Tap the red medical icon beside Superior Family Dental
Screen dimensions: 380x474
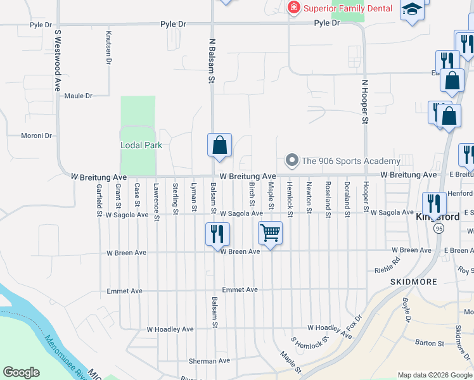pos(293,8)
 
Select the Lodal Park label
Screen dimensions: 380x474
pos(141,145)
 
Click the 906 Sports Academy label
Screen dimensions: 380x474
pos(350,161)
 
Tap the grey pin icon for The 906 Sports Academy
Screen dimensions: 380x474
pos(292,160)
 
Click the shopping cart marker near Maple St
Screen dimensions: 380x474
pos(271,233)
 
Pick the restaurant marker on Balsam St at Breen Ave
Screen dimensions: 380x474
pos(216,234)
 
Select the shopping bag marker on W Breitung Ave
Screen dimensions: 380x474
pos(219,145)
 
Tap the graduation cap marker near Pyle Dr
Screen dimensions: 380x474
pos(412,10)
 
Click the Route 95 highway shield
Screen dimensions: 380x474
pos(438,229)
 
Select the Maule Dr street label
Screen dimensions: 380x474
pos(79,96)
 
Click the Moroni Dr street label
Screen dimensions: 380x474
pos(36,136)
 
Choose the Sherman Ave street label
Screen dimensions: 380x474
pos(208,361)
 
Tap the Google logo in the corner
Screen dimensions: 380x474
pos(22,372)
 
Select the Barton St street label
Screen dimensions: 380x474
pos(430,343)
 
